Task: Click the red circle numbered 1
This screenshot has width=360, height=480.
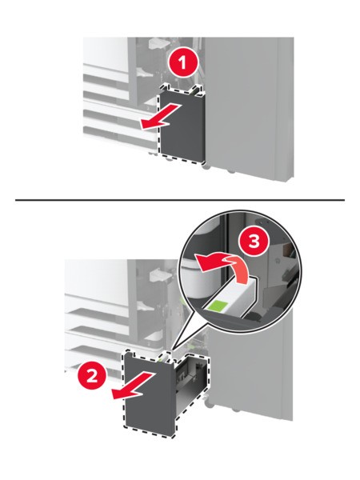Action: coord(182,64)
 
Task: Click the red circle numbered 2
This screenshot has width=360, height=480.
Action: coord(92,375)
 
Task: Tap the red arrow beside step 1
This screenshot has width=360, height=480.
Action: coord(160,117)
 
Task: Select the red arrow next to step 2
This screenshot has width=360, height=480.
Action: coord(132,386)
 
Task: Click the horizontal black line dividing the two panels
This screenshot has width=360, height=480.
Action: coord(180,200)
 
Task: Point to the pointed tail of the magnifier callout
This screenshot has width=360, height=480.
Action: coord(173,348)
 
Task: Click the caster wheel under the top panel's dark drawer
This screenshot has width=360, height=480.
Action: coord(206,166)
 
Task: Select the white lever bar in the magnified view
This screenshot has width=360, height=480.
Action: coord(230,300)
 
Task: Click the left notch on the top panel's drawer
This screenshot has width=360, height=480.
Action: coord(167,88)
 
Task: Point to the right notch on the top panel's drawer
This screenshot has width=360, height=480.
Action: coord(196,89)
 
